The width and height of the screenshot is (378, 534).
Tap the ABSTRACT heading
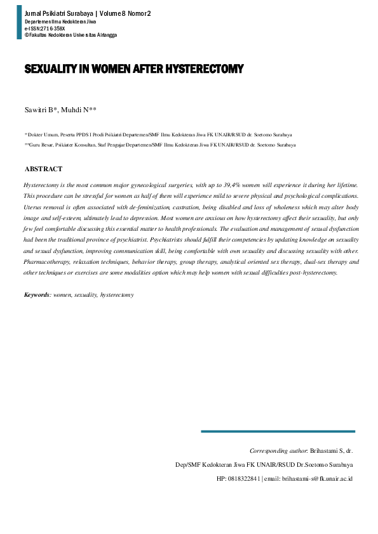43,169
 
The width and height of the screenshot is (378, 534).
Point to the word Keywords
37,295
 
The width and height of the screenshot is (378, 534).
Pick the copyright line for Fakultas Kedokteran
71,35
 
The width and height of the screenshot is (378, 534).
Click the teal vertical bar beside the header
18,23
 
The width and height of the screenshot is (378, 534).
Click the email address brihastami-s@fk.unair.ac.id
318,478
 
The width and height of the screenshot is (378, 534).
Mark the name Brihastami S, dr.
331,450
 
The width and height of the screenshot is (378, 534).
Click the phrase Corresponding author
278,450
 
